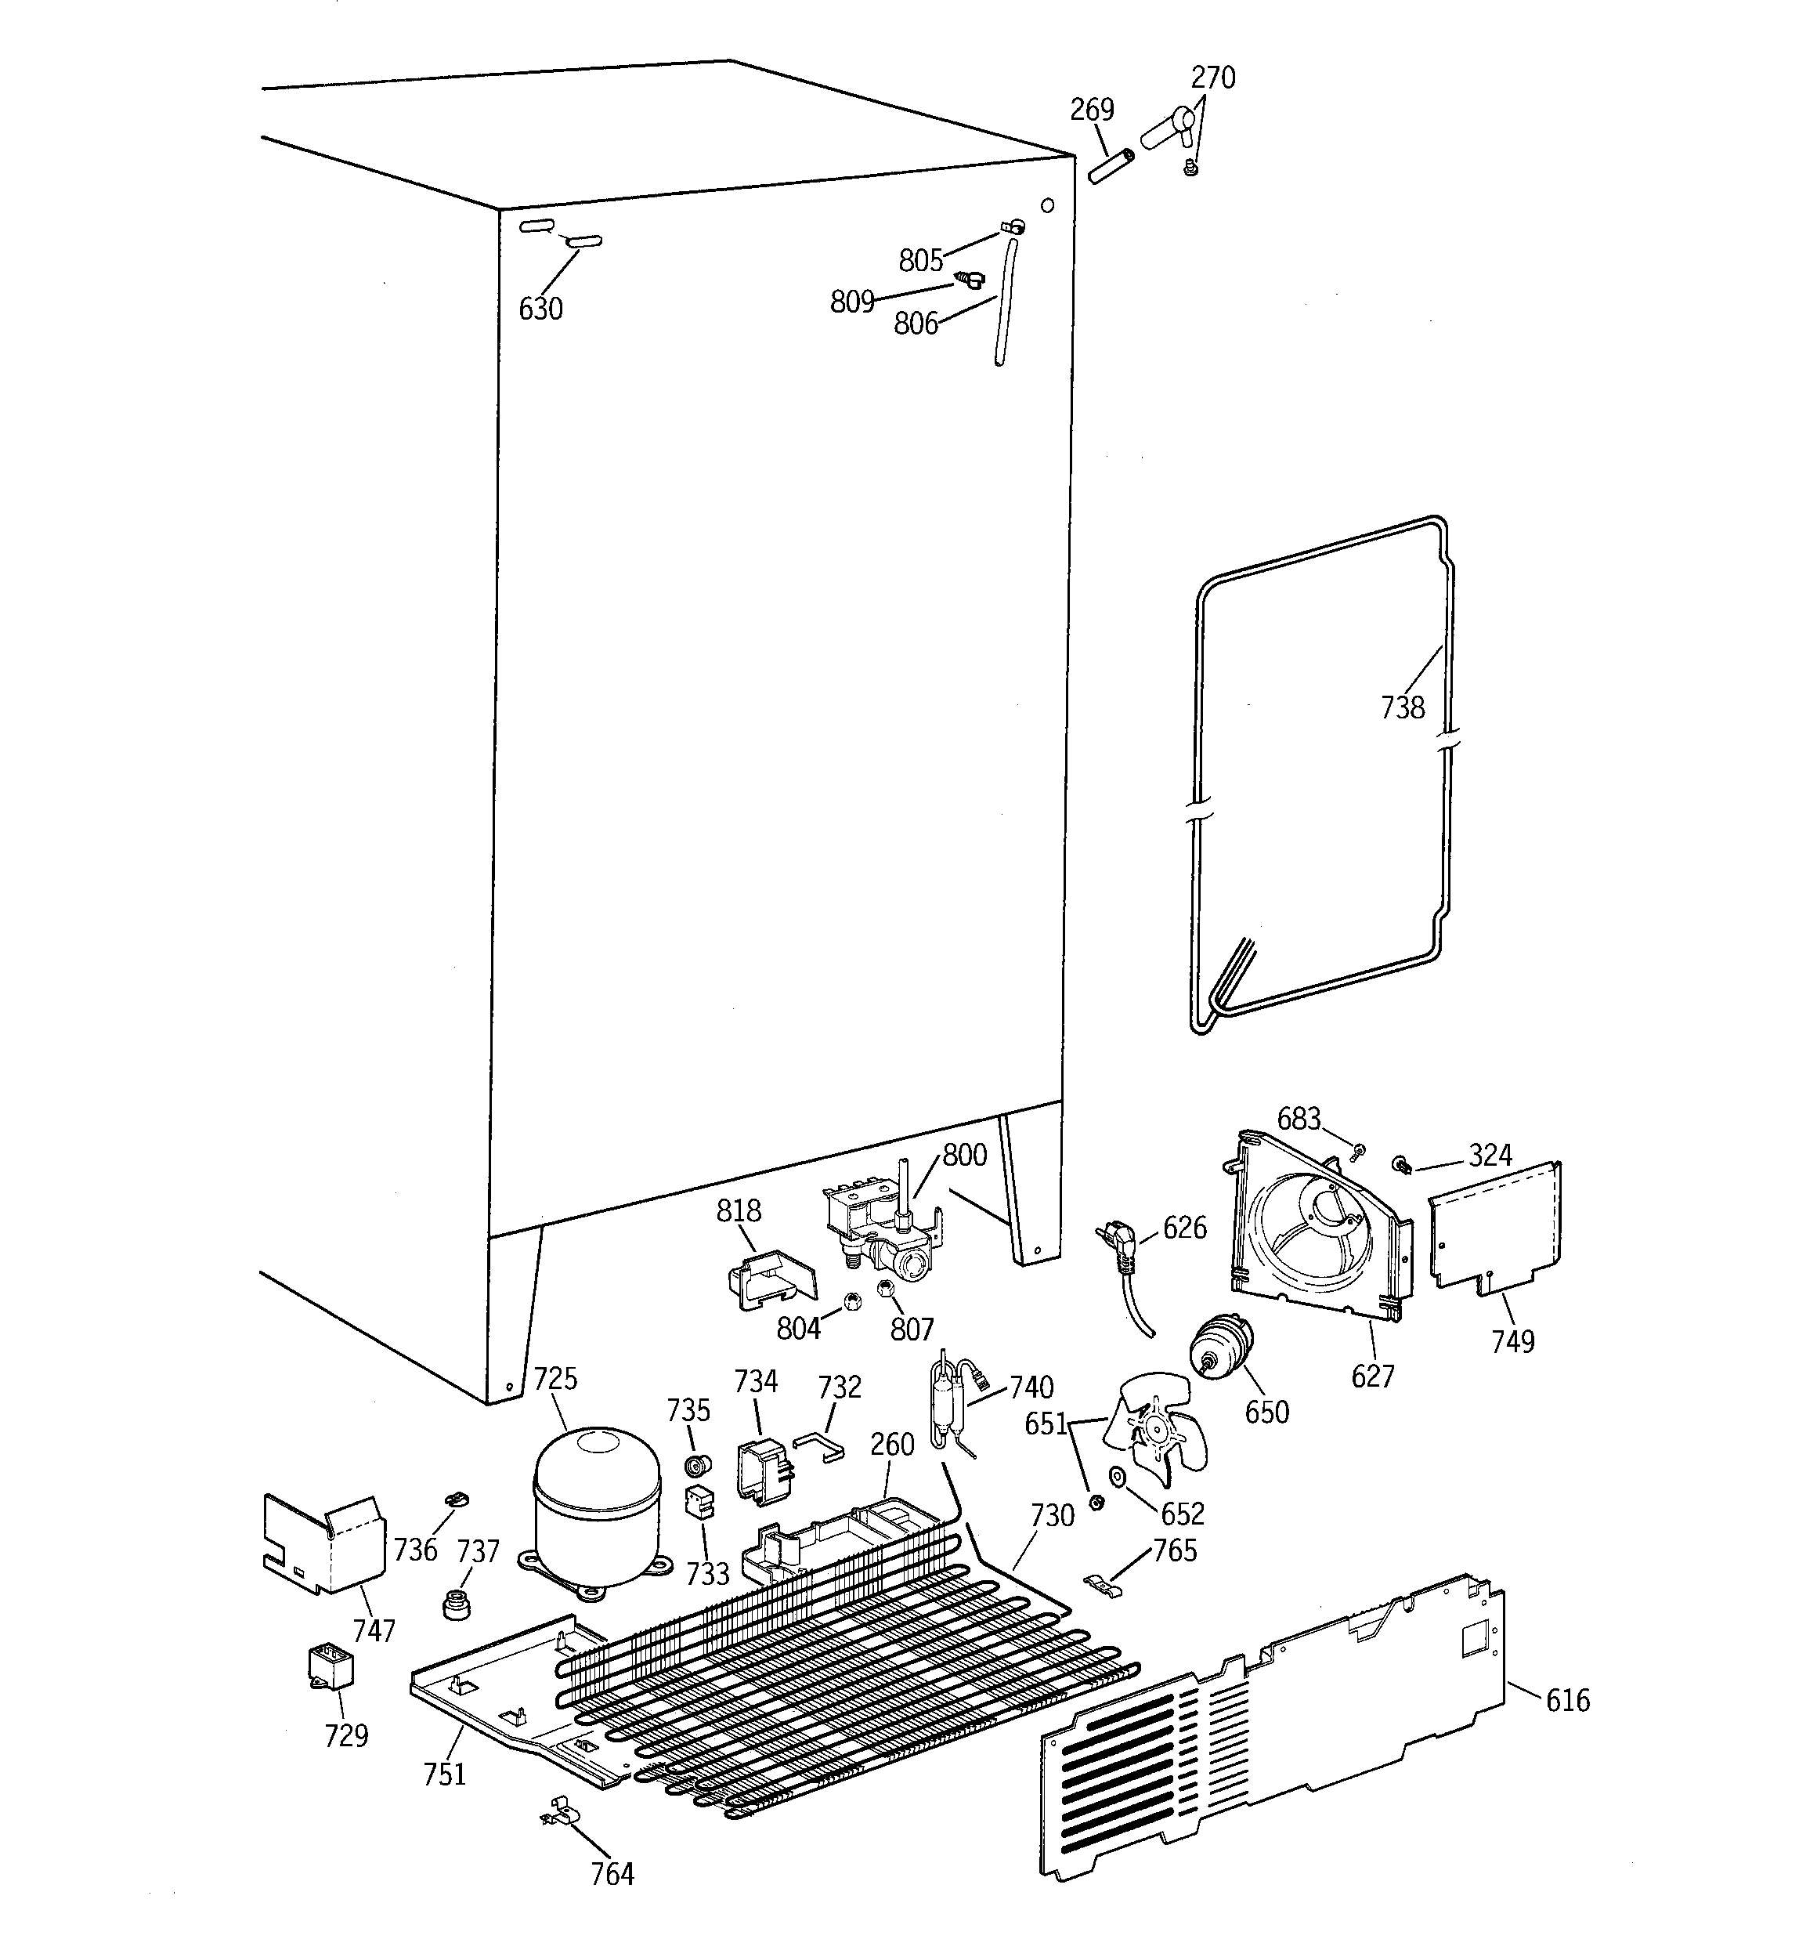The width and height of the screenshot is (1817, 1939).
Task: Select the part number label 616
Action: click(x=1567, y=1700)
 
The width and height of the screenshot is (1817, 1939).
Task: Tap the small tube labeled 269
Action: click(x=1111, y=166)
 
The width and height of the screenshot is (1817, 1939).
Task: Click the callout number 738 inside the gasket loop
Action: click(x=1402, y=707)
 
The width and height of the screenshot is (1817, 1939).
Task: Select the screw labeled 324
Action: click(x=1403, y=1163)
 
